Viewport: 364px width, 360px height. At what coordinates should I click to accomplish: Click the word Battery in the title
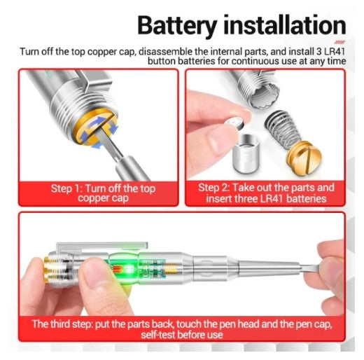tap(177, 26)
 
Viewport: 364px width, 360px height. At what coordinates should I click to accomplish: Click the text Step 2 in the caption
tap(213, 188)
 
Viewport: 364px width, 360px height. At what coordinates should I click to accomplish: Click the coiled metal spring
tap(282, 129)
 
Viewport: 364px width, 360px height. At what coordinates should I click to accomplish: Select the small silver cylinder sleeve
tap(246, 153)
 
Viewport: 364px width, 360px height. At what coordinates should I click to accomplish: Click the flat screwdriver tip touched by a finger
tap(309, 268)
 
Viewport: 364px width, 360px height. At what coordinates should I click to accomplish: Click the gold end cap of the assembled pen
tap(48, 270)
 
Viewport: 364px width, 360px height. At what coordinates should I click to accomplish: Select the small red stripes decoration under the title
tap(339, 42)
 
